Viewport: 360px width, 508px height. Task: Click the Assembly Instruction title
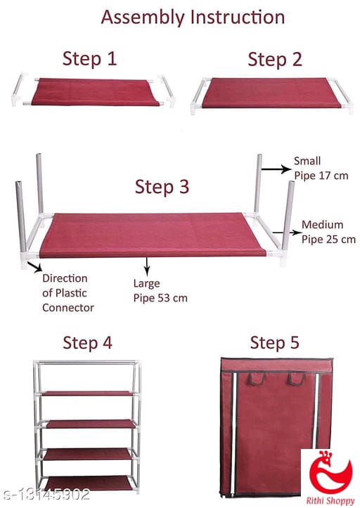pyautogui.click(x=193, y=18)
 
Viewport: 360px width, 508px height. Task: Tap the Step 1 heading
pyautogui.click(x=89, y=59)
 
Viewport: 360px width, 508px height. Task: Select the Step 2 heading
pyautogui.click(x=275, y=60)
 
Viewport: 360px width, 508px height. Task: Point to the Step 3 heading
pyautogui.click(x=162, y=187)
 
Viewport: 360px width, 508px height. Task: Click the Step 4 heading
pyautogui.click(x=88, y=343)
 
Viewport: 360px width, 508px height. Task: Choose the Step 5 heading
pyautogui.click(x=274, y=343)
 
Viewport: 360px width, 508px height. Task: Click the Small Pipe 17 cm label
pyautogui.click(x=321, y=168)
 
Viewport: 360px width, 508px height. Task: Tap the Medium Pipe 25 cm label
pyautogui.click(x=328, y=232)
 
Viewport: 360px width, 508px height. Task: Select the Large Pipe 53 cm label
pyautogui.click(x=160, y=291)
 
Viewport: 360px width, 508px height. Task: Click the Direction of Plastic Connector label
pyautogui.click(x=68, y=293)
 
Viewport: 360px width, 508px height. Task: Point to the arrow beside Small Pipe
pyautogui.click(x=276, y=169)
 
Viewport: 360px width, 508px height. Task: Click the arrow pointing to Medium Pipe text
pyautogui.click(x=287, y=233)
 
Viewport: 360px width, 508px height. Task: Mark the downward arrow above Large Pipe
pyautogui.click(x=147, y=266)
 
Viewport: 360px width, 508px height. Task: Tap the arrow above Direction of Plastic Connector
pyautogui.click(x=34, y=267)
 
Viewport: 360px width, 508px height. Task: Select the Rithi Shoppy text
pyautogui.click(x=330, y=500)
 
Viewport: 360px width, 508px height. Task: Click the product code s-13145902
pyautogui.click(x=46, y=495)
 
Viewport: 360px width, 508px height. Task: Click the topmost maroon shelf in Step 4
pyautogui.click(x=88, y=393)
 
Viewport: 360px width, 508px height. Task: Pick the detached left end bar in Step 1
pyautogui.click(x=17, y=89)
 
